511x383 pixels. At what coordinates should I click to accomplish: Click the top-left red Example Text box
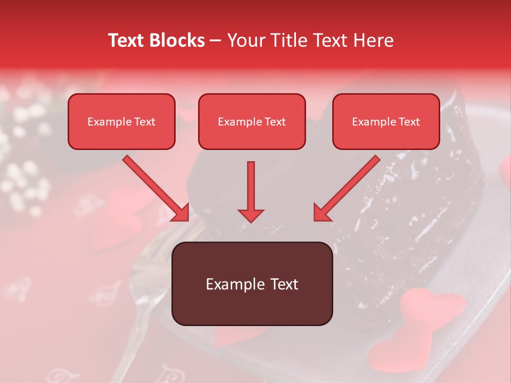coord(121,122)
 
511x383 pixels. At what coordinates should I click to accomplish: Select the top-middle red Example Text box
coord(252,122)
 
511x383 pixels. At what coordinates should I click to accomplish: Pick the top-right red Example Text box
coord(386,122)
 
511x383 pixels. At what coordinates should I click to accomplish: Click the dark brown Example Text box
coord(252,284)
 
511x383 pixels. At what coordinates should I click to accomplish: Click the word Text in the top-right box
coord(409,122)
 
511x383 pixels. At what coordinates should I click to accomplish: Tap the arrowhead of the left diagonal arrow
coord(181,213)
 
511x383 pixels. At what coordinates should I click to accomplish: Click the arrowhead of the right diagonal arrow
coord(322,213)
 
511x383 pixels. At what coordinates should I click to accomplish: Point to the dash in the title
coord(216,41)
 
